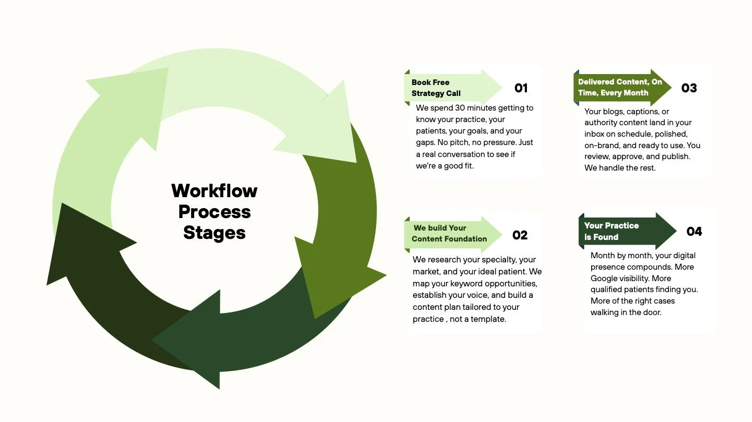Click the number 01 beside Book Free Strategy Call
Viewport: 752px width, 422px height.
[x=521, y=88]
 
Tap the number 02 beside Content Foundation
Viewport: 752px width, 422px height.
[x=520, y=235]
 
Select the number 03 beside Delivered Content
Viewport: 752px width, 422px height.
[x=689, y=88]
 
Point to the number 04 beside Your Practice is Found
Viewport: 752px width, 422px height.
[x=694, y=231]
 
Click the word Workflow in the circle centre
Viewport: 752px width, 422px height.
[x=214, y=191]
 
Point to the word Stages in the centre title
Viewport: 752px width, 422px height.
[x=214, y=233]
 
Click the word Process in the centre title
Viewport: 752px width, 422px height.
[x=214, y=212]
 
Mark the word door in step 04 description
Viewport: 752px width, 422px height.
[x=654, y=312]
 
